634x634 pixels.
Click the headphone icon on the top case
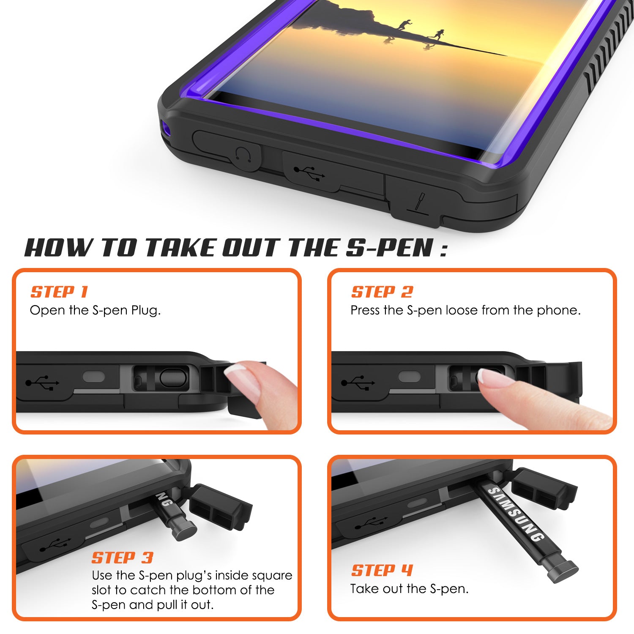(x=244, y=155)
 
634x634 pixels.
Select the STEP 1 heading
(x=59, y=292)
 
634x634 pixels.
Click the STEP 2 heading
(x=382, y=292)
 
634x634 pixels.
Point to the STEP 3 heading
(x=122, y=558)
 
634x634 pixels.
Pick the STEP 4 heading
(x=382, y=571)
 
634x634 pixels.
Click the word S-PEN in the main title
(x=389, y=248)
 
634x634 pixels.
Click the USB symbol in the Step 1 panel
(x=42, y=383)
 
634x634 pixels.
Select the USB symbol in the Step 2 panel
(x=358, y=383)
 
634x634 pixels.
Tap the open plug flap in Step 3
(x=220, y=507)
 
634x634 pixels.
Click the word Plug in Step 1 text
(x=145, y=311)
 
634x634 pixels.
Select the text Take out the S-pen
(x=409, y=589)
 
